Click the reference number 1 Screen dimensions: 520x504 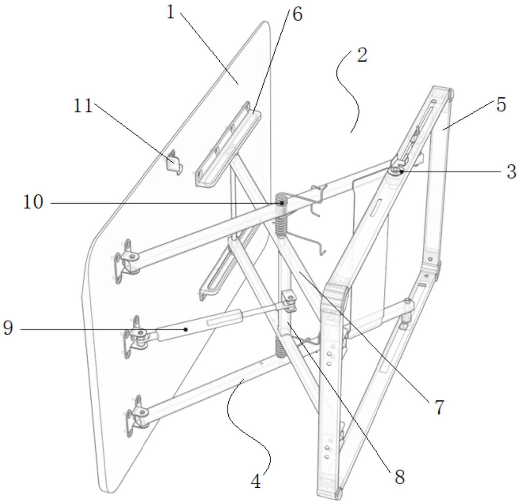coord(170,13)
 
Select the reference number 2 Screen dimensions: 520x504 coord(362,56)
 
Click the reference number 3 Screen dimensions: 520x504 coord(510,172)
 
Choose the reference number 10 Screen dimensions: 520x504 coord(33,202)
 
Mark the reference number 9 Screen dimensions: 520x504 coord(8,328)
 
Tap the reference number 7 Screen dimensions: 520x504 coord(439,407)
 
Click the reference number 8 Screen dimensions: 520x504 coord(399,477)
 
